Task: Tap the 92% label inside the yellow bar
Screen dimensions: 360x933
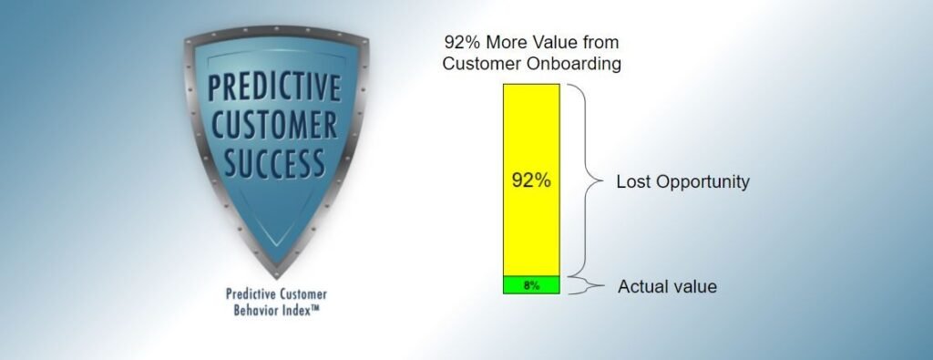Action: coord(530,180)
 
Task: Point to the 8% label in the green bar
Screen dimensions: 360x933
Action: coord(530,285)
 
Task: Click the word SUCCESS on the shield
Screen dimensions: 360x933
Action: coord(273,164)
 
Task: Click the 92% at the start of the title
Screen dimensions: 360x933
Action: coord(460,43)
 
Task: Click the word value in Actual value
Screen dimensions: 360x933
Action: coord(694,287)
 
